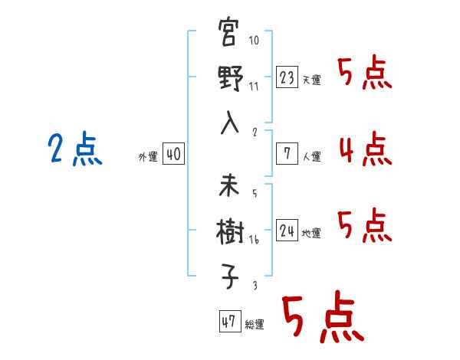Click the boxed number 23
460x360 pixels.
287,77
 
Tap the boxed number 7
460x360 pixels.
287,154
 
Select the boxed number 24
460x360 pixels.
287,231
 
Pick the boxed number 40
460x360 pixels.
173,155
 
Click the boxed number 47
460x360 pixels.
228,322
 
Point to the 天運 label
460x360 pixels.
311,80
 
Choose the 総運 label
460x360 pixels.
254,325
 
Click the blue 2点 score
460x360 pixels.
74,149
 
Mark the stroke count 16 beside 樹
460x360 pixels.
254,240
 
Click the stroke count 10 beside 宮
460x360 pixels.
255,41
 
